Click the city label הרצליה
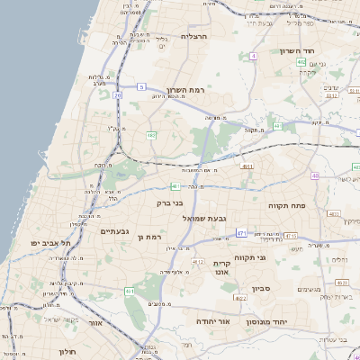[194, 37]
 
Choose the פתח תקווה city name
[288, 206]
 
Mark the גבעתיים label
[117, 230]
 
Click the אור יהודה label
[213, 321]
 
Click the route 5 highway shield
[141, 86]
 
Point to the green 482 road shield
[151, 135]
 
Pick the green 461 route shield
[130, 292]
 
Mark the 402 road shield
[326, 61]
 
